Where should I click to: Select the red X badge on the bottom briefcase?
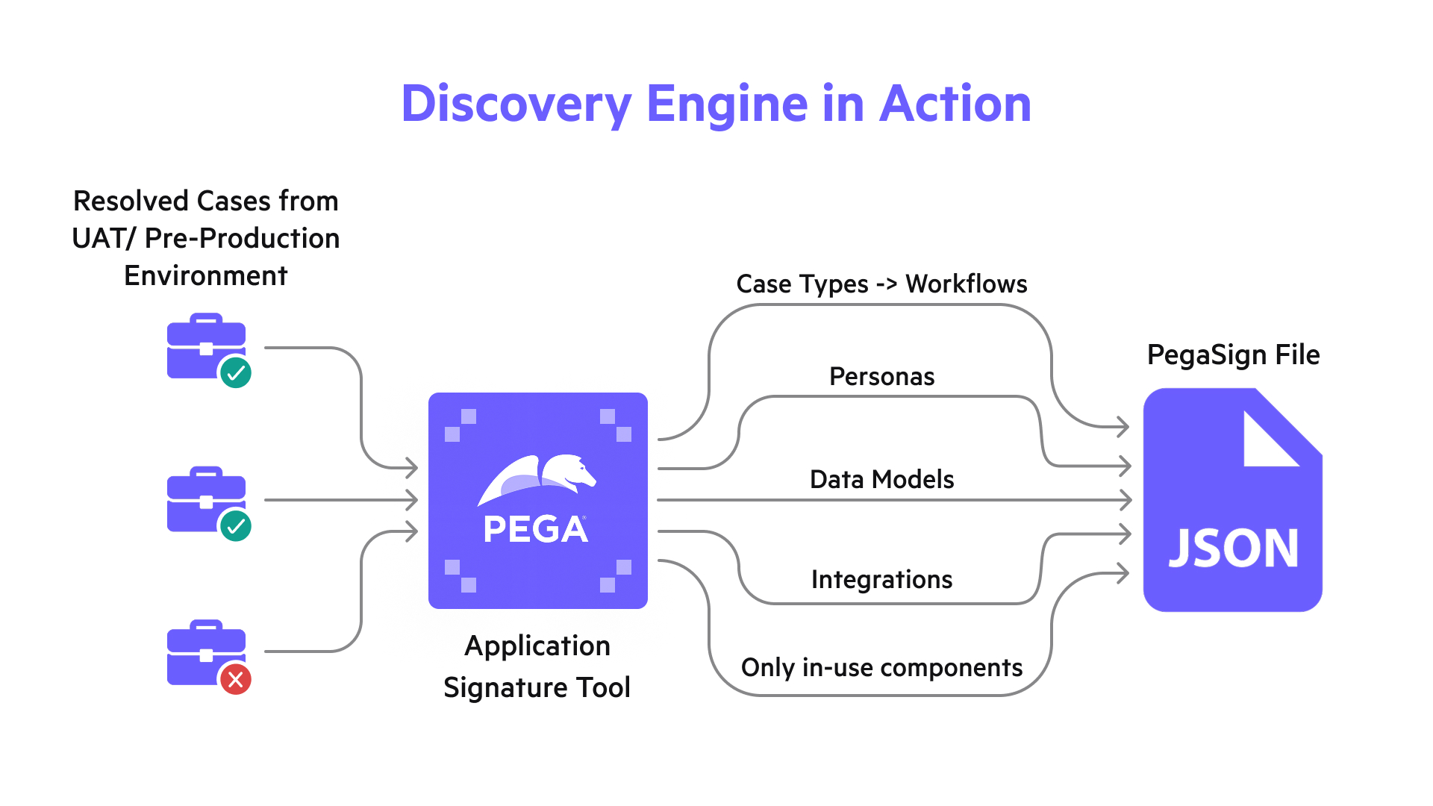click(x=235, y=679)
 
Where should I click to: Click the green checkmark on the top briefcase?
click(x=236, y=372)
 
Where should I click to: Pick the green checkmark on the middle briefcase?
click(x=236, y=526)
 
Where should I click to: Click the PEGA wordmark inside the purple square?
click(x=535, y=529)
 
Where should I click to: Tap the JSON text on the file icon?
click(x=1233, y=549)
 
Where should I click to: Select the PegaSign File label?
click(x=1233, y=354)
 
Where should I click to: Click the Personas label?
click(x=881, y=376)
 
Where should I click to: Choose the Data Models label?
click(x=881, y=479)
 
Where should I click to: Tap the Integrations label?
click(x=881, y=579)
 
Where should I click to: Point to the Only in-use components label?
click(x=881, y=667)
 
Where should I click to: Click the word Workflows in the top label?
click(x=966, y=284)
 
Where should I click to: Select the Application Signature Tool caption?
click(x=537, y=666)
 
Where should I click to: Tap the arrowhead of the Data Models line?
click(x=1126, y=500)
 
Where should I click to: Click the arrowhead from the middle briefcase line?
click(x=411, y=500)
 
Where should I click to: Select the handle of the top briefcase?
click(x=207, y=319)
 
